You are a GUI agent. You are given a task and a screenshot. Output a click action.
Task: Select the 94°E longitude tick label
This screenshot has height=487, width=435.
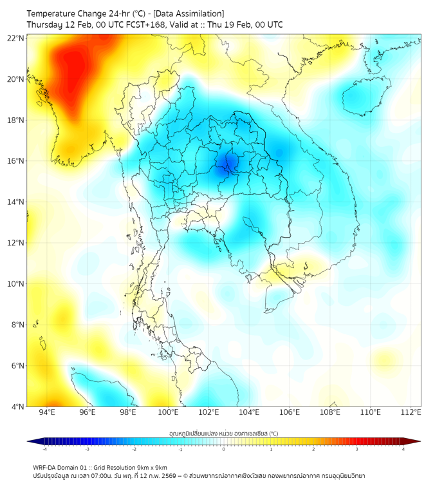tap(47, 412)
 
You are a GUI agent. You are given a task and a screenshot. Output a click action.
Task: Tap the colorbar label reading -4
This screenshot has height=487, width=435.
tap(44, 449)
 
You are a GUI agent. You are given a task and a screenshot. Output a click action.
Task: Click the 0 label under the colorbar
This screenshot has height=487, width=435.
tap(224, 449)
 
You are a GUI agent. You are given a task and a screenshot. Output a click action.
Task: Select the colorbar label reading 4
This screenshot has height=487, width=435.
tap(403, 449)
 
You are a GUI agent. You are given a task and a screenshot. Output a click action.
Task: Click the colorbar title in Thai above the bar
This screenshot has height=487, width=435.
tap(223, 433)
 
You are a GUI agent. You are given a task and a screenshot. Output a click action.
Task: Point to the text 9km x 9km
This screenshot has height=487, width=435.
tap(153, 468)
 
